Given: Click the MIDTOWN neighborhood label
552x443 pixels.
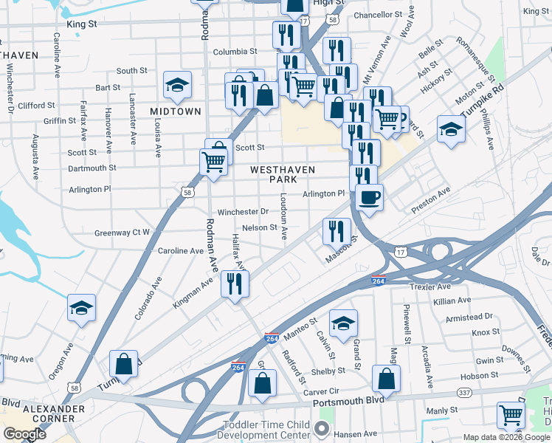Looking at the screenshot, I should click(176, 111).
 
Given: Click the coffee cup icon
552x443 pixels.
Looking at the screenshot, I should click(369, 198).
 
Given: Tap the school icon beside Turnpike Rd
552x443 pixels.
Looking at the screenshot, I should click(451, 129).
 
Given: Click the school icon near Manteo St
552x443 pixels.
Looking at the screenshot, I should click(343, 323).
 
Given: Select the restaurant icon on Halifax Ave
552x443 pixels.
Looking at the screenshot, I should click(235, 284).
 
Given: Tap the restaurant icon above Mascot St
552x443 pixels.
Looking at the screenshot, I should click(336, 231).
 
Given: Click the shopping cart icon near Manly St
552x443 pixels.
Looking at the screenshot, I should click(510, 415).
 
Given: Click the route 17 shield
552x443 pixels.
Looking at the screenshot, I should click(399, 253).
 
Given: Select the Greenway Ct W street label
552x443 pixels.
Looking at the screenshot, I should click(122, 233).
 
